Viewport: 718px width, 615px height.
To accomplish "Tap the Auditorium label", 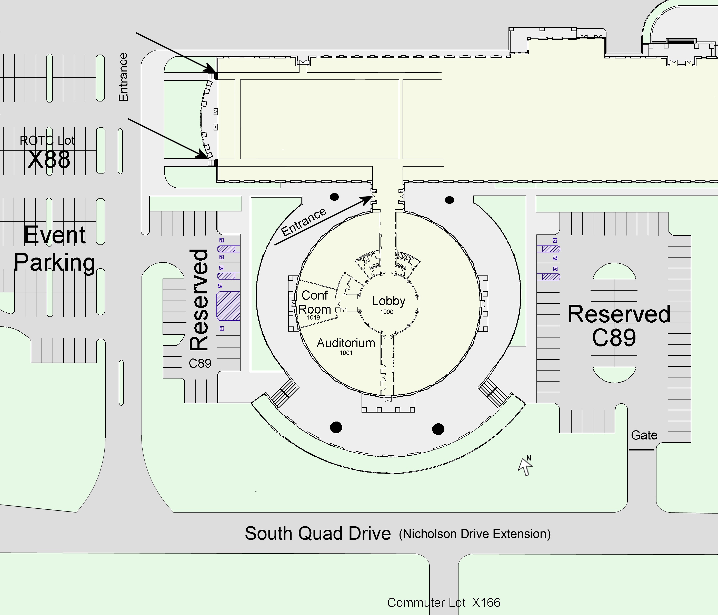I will tap(346, 343).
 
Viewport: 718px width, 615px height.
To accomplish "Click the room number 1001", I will tap(346, 353).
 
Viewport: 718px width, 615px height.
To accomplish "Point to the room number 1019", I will tap(313, 317).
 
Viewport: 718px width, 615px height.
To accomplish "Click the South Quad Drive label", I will tap(318, 533).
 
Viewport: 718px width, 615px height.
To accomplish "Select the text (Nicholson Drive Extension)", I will tap(474, 534).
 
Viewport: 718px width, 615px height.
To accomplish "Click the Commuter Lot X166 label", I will tap(444, 602).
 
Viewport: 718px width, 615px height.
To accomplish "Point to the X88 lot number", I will tap(49, 160).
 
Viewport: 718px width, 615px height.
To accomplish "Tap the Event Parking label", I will tap(55, 249).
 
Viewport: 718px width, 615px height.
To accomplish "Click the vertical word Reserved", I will tap(199, 300).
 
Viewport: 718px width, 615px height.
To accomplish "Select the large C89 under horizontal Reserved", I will tap(614, 338).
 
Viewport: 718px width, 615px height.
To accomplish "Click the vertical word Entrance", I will tap(123, 77).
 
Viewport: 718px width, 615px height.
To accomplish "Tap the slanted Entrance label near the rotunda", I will tap(304, 222).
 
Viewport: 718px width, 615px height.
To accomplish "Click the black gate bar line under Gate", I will tap(641, 450).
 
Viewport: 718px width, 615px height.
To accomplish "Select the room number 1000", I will tap(387, 312).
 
